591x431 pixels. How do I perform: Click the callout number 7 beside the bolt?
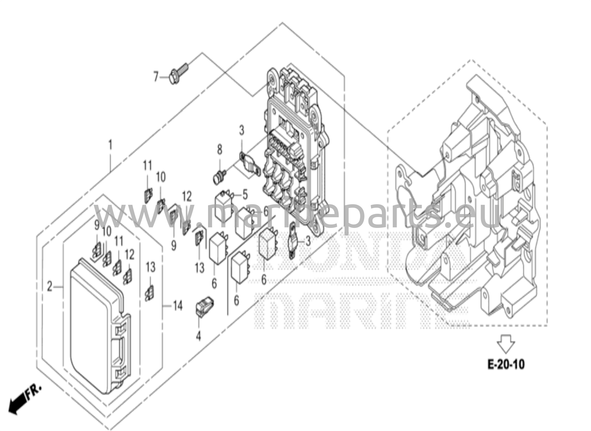pos(156,77)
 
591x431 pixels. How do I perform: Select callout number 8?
pos(220,150)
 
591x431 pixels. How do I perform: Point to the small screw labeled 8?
pos(220,177)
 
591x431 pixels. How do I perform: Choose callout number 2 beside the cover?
pos(50,287)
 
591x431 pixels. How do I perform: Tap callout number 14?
pos(178,305)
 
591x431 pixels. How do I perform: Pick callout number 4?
pos(198,336)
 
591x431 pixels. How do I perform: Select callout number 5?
pos(245,195)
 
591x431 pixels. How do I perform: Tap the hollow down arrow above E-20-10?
pos(506,343)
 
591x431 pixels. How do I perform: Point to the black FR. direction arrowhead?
pos(14,407)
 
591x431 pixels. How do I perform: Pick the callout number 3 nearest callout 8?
pos(241,130)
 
